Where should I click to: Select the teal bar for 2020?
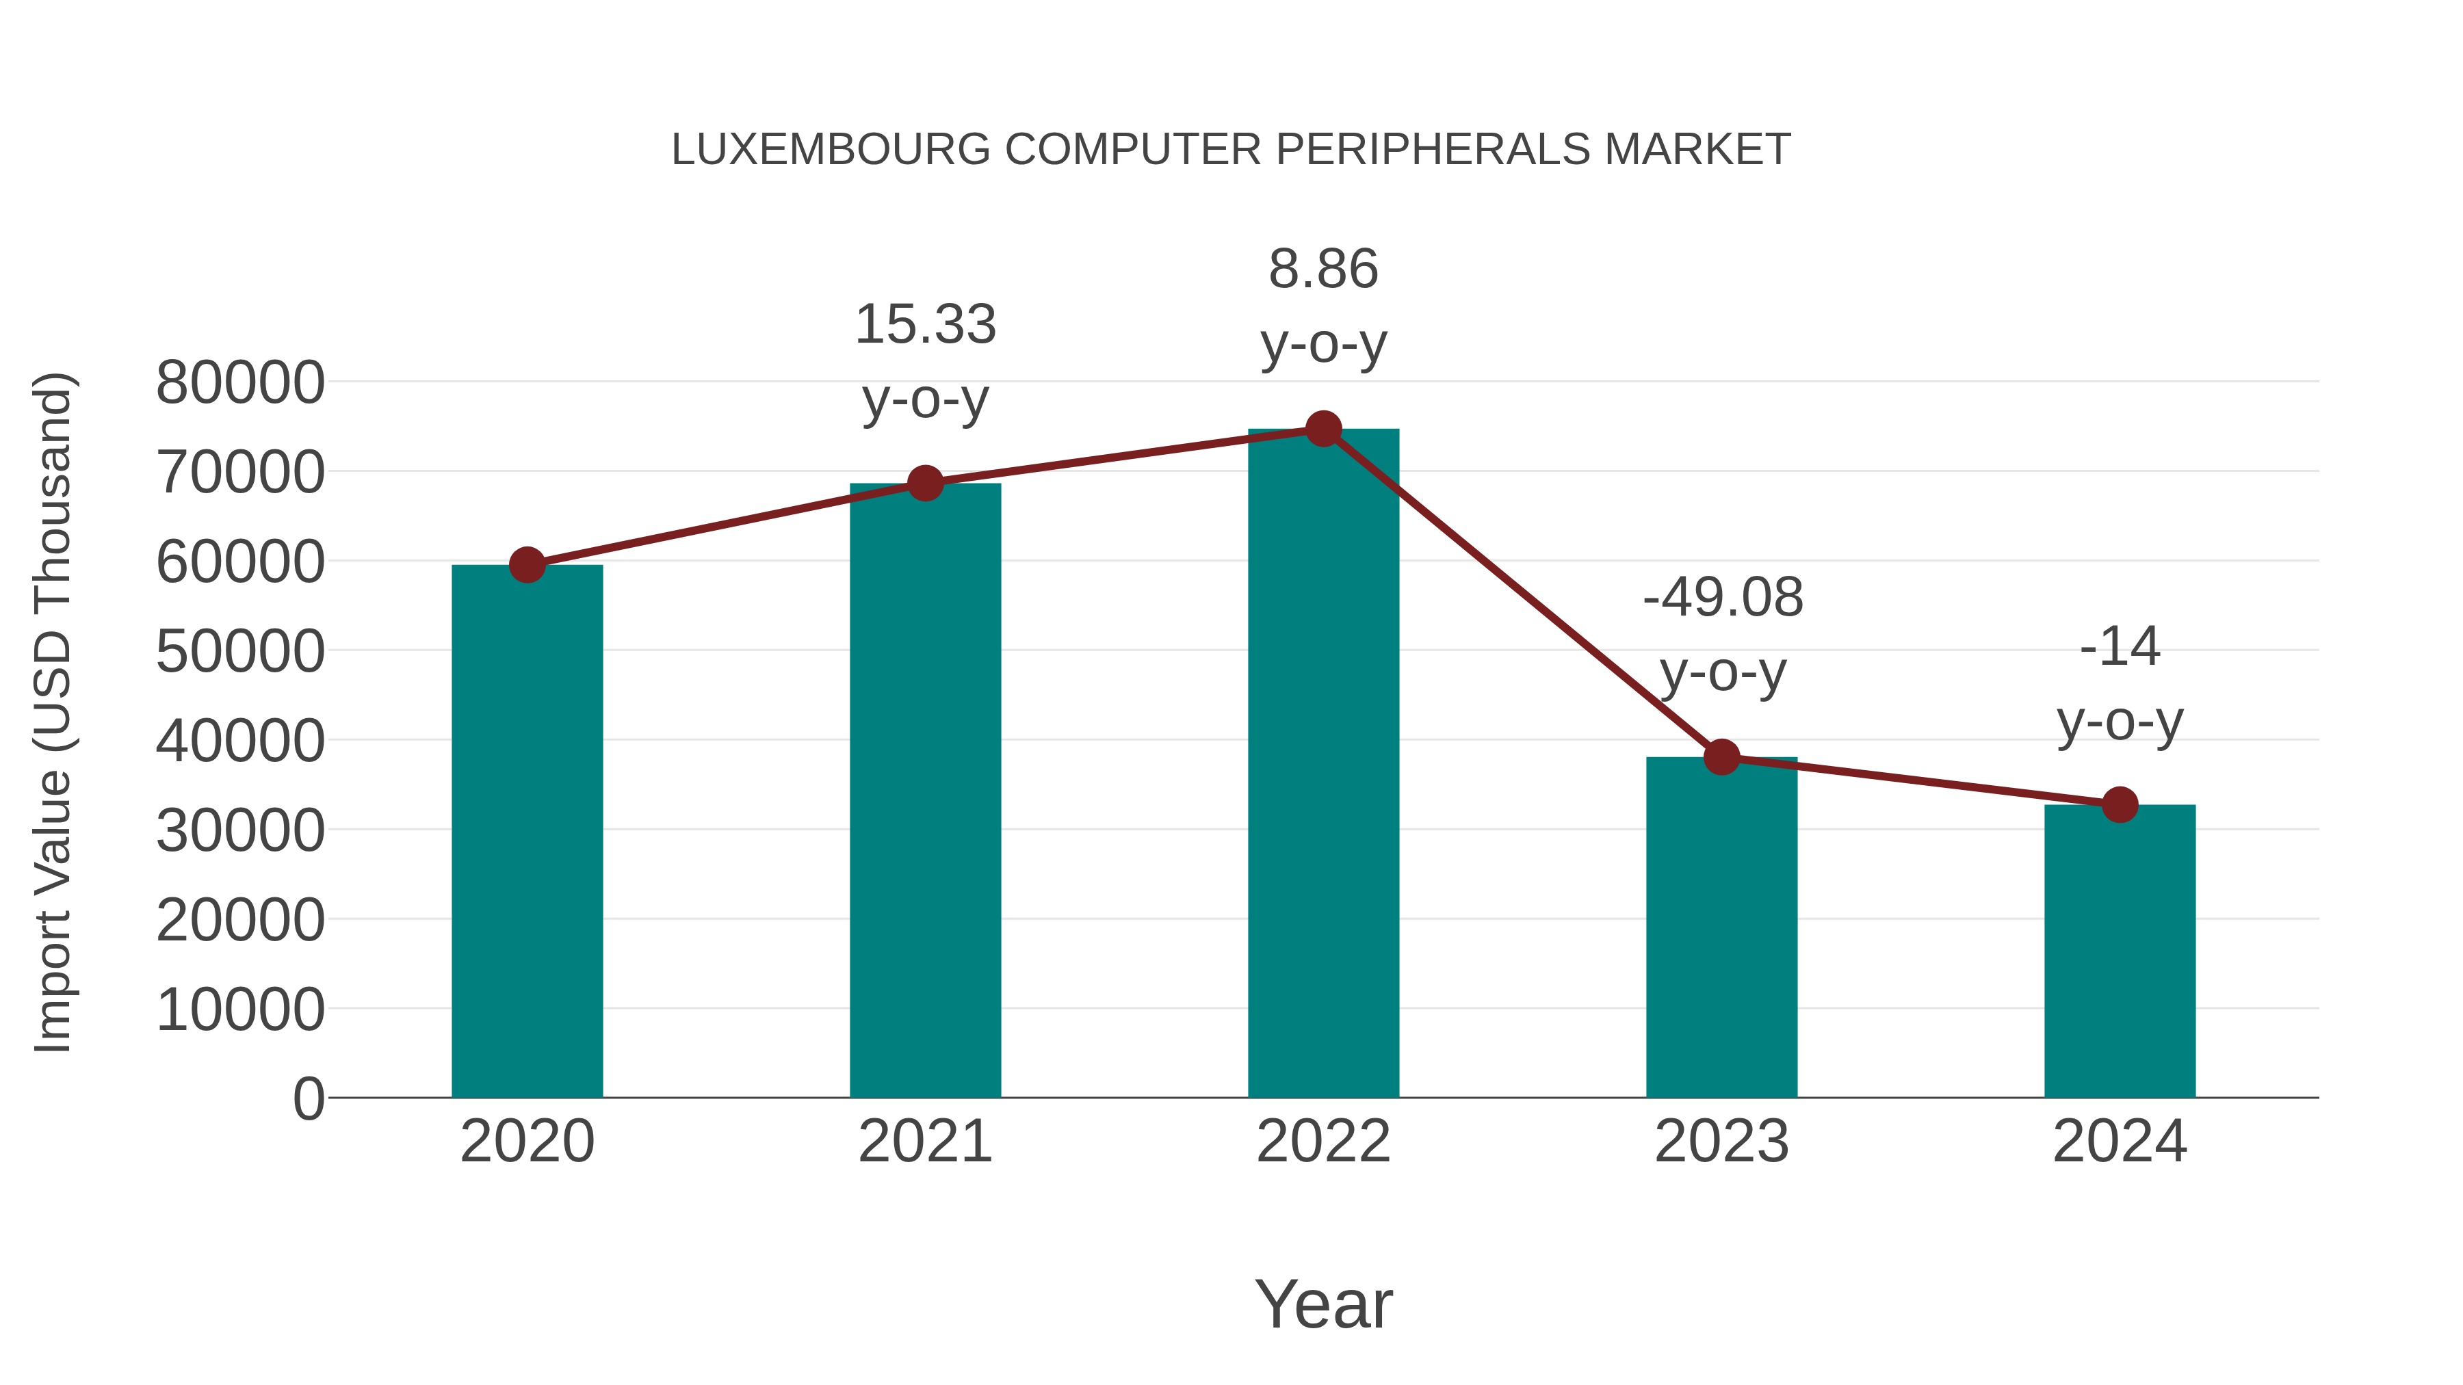point(527,832)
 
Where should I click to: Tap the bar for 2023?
point(1721,927)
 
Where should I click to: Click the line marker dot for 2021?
point(926,484)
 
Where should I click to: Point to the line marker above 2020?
point(527,565)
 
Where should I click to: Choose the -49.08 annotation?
point(1723,598)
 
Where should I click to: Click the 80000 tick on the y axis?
point(240,382)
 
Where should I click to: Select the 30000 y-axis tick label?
point(240,830)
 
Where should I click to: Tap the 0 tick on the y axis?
point(309,1098)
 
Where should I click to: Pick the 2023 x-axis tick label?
point(1721,1142)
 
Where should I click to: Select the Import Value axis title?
point(53,712)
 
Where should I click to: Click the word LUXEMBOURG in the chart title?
point(831,150)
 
